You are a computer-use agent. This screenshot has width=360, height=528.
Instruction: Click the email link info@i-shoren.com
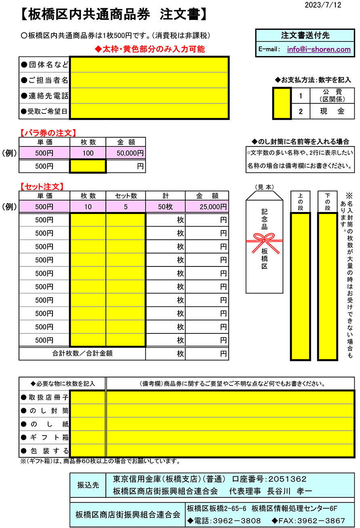click(x=319, y=49)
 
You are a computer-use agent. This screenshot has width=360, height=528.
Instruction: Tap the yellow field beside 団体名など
click(x=149, y=65)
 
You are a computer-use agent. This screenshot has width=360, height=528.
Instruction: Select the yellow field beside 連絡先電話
click(x=149, y=96)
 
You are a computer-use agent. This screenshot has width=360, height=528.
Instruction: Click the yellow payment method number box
click(x=282, y=103)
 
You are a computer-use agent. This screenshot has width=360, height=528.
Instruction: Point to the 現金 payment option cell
click(x=332, y=111)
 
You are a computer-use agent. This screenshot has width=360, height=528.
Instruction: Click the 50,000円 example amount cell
click(x=126, y=153)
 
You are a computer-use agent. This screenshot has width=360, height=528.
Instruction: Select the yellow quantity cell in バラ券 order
click(x=88, y=166)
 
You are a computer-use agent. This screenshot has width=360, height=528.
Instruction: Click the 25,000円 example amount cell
click(x=207, y=207)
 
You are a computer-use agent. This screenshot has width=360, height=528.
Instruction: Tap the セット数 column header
click(x=126, y=196)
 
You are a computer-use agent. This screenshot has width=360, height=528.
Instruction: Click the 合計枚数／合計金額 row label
click(x=82, y=353)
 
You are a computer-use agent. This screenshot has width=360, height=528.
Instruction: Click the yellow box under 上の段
click(x=300, y=286)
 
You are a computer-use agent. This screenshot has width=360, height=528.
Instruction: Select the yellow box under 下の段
click(x=327, y=286)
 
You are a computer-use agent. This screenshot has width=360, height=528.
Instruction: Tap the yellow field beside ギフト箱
click(x=87, y=437)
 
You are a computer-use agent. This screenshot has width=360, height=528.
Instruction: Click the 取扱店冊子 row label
click(x=44, y=398)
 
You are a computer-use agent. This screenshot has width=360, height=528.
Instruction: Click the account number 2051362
click(x=287, y=479)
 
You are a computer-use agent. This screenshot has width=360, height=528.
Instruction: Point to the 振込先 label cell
click(x=88, y=485)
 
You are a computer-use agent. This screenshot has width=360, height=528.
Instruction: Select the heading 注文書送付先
click(x=305, y=35)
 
